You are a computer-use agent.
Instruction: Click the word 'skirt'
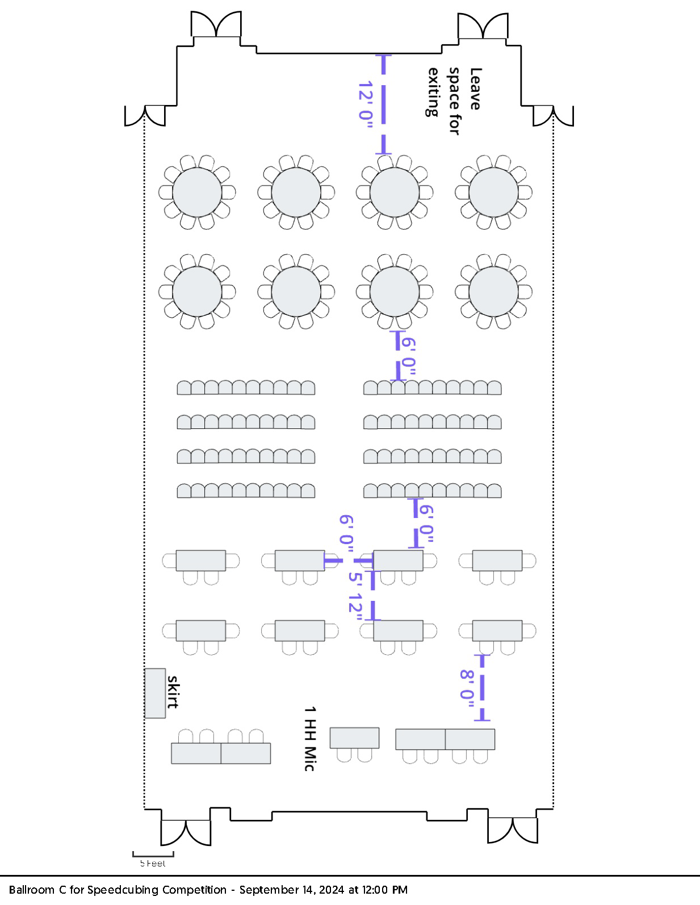click(173, 692)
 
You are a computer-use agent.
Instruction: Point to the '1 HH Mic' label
click(310, 738)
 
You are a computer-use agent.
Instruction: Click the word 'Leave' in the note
click(475, 89)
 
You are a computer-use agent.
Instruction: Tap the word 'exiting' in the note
click(433, 92)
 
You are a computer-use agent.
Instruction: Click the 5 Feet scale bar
click(153, 854)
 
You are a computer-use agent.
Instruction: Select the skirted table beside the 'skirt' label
click(155, 693)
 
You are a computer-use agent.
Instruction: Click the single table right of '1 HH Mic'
click(355, 738)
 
